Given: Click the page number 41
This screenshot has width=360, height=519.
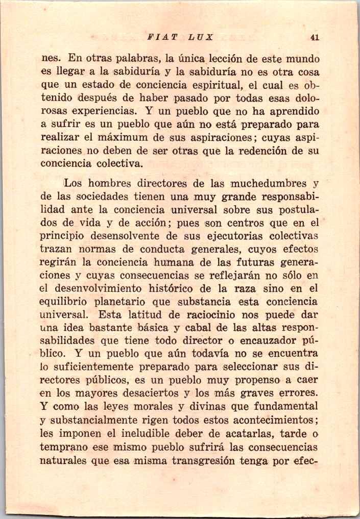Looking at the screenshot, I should tap(315, 37).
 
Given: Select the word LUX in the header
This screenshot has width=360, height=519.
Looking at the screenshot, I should tap(200, 37).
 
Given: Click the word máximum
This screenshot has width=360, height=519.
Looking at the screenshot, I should tap(144, 137).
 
